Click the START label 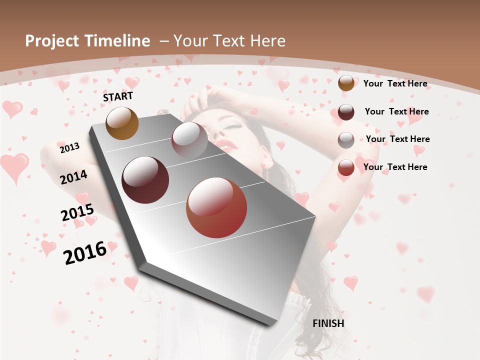click(x=118, y=96)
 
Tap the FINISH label click(x=328, y=323)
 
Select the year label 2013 click(x=69, y=147)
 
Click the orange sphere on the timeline click(x=122, y=123)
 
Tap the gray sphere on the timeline click(x=189, y=139)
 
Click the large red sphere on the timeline click(x=216, y=207)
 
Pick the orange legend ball click(x=346, y=83)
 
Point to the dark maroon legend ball click(x=346, y=111)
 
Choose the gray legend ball click(x=346, y=140)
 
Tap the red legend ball click(x=346, y=167)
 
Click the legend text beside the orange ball click(x=395, y=83)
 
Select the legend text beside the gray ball click(x=397, y=139)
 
